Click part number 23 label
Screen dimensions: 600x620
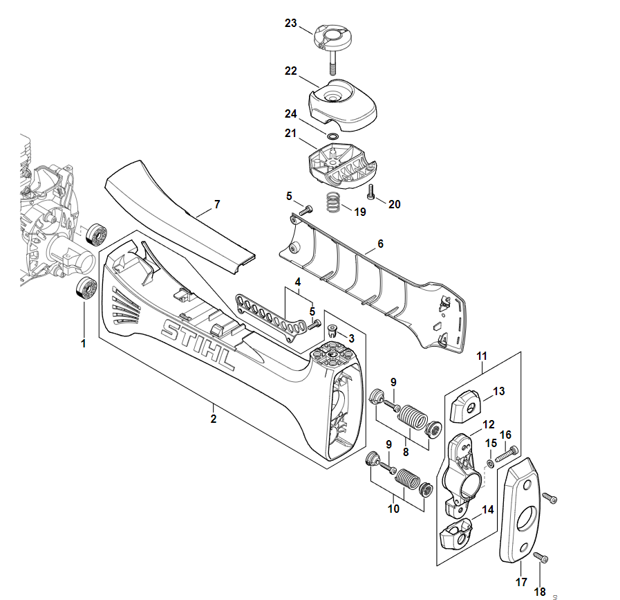[x=291, y=24]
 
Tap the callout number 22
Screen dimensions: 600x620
[x=291, y=71]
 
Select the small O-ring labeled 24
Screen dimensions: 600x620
[x=332, y=136]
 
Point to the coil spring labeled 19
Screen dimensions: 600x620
[x=334, y=203]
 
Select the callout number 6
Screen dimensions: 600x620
[x=380, y=244]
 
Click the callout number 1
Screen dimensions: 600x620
[x=84, y=343]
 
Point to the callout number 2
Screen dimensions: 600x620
[x=214, y=419]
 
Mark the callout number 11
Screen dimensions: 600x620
[x=482, y=356]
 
